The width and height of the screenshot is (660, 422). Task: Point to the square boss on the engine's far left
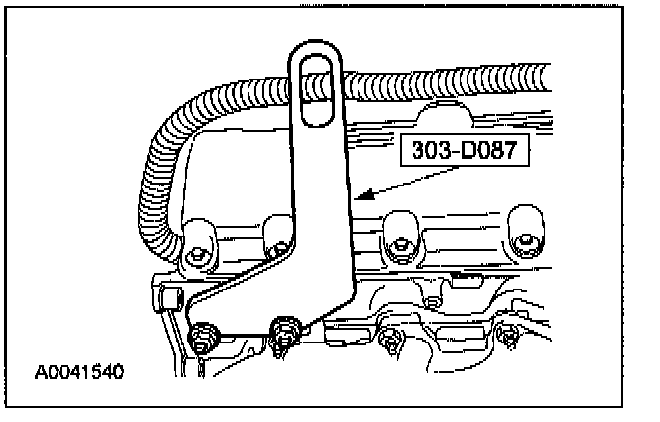point(163,296)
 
